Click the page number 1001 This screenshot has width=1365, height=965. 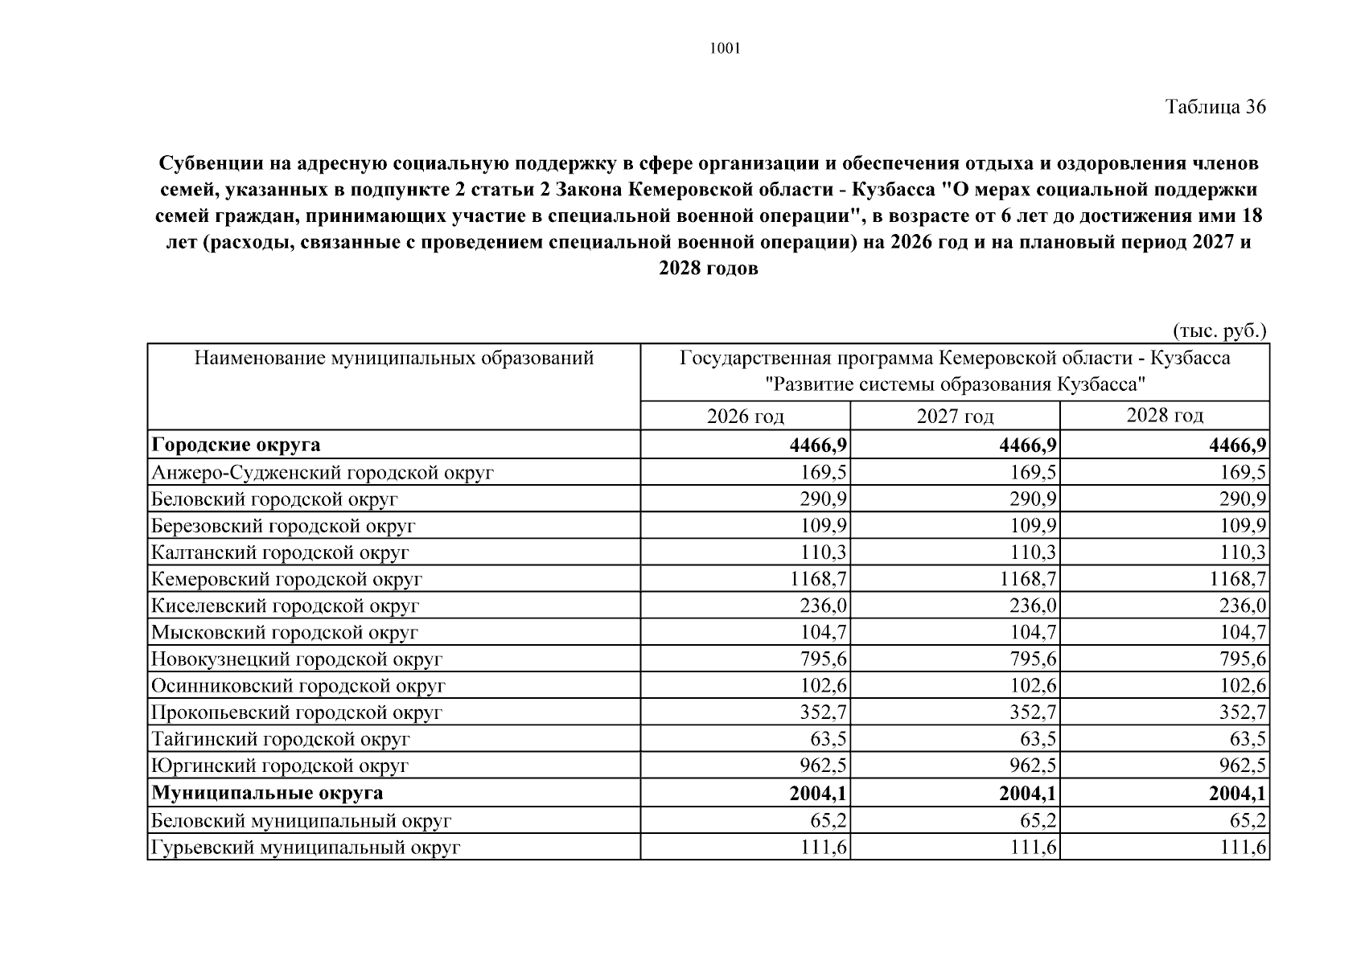coord(725,49)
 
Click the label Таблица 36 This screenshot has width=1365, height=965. coord(1215,107)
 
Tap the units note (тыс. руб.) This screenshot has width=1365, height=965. coord(1219,331)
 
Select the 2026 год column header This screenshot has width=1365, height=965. coord(745,416)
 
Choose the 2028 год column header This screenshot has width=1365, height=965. coord(1164,415)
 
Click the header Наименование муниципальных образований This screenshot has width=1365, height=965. coord(394,358)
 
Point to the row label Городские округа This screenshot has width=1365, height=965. coord(236,445)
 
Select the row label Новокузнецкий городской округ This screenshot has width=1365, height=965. coord(297,659)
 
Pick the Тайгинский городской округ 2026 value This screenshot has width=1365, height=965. coord(828,739)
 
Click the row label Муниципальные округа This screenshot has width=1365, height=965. coord(267,793)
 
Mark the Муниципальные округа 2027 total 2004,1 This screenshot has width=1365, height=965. coord(1027,794)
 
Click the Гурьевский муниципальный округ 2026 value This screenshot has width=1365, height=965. coord(824,847)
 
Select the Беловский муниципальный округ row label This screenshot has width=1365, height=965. coord(301,820)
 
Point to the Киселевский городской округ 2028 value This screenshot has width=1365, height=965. coord(1243,606)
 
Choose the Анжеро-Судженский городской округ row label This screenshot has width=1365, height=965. coord(322,472)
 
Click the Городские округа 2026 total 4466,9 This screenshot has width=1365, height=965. coord(819,446)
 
